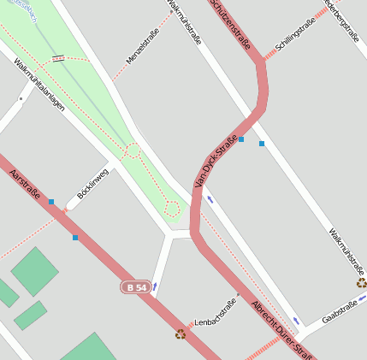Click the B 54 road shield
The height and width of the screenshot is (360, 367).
coord(136,287)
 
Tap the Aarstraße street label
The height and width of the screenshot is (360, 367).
coord(25,186)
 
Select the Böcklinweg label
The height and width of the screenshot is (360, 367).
coord(93,184)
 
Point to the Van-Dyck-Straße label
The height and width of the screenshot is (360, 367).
coord(215,162)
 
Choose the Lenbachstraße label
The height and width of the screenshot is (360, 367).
coord(216,312)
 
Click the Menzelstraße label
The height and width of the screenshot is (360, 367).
coord(143,45)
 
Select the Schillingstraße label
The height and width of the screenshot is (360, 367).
coord(296,33)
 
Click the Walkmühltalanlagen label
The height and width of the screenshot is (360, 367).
coord(38,88)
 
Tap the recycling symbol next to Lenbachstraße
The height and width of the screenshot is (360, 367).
coord(181,334)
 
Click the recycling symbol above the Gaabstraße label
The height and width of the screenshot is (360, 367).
coord(362,283)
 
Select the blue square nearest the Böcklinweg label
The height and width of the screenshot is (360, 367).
coord(51,202)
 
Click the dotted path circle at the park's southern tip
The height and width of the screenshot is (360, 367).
coord(172,209)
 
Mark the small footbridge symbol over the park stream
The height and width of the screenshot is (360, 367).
coord(58,58)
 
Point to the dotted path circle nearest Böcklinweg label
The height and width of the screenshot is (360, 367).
coord(133,150)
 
